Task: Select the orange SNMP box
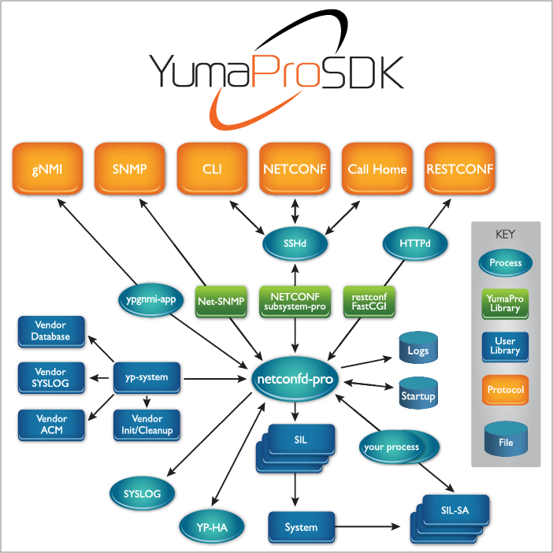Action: [129, 169]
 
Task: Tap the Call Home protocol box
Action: [377, 169]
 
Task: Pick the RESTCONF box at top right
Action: [459, 169]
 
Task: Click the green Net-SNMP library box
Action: [221, 301]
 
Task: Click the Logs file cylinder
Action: [418, 350]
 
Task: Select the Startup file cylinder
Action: [418, 394]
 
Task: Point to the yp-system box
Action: [147, 377]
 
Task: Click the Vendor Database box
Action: [51, 331]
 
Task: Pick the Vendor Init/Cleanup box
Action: [147, 425]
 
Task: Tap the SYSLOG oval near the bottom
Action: [143, 494]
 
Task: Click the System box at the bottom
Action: [301, 527]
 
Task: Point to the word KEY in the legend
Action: [505, 234]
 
